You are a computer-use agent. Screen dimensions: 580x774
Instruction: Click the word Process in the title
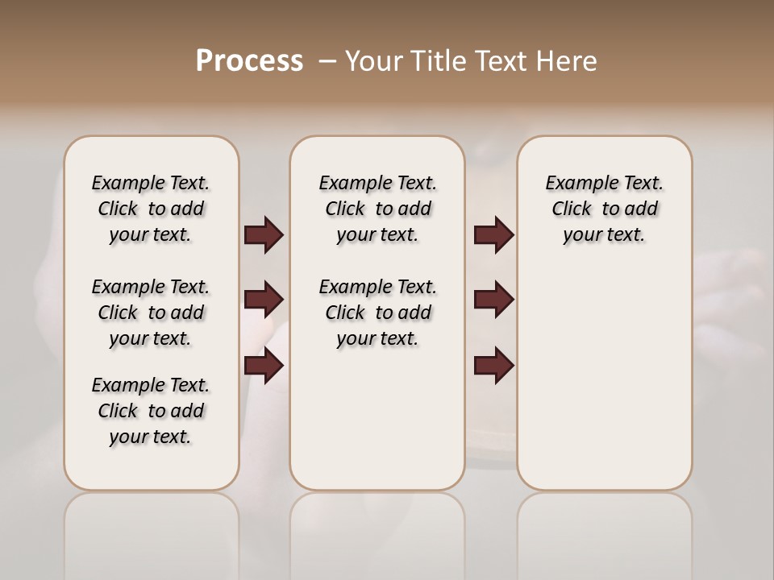249,61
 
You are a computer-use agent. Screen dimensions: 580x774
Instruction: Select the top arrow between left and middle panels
264,235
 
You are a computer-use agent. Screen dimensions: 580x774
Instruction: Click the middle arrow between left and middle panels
264,300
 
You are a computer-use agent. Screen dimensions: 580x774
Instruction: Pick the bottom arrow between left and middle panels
264,366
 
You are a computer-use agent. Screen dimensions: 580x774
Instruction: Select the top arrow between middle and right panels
493,235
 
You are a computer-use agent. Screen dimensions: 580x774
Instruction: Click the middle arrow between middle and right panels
493,300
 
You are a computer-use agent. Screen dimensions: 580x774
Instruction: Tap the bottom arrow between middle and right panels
493,366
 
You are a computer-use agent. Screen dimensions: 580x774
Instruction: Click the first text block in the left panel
151,209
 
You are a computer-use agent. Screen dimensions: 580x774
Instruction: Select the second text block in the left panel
151,313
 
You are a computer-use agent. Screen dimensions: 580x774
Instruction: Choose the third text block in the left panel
151,411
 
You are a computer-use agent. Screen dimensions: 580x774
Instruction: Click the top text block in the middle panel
377,209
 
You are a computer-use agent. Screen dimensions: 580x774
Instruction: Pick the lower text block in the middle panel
377,313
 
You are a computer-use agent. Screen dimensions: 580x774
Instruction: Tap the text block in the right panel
604,209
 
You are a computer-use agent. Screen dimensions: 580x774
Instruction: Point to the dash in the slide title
327,61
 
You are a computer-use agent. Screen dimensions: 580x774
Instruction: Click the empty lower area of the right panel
604,387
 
